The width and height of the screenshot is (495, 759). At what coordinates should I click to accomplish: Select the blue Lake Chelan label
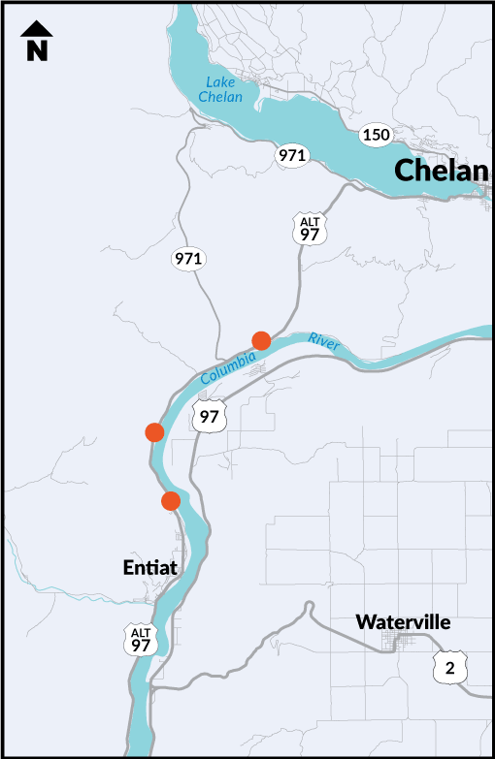218,89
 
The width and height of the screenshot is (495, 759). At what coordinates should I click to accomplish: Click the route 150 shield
376,134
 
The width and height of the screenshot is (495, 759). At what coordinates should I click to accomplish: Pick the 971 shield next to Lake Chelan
292,155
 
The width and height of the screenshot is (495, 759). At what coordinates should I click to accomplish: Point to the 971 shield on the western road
188,258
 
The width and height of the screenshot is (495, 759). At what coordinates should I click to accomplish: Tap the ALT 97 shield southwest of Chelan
310,229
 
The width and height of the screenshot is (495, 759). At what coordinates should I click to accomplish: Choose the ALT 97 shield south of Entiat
142,639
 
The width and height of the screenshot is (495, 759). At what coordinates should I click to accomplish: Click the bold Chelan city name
440,172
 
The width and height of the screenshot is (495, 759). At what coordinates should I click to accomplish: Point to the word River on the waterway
324,339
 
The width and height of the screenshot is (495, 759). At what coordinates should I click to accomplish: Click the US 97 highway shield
210,417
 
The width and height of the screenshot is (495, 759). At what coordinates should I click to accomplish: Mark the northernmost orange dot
261,339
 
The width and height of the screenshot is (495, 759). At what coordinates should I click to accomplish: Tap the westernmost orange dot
153,431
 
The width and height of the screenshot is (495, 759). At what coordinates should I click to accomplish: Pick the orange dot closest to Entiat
171,500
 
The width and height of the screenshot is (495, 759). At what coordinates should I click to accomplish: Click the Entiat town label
151,568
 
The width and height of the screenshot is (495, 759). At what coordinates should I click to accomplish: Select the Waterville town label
403,622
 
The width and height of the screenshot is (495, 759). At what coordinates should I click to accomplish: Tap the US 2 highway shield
449,667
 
